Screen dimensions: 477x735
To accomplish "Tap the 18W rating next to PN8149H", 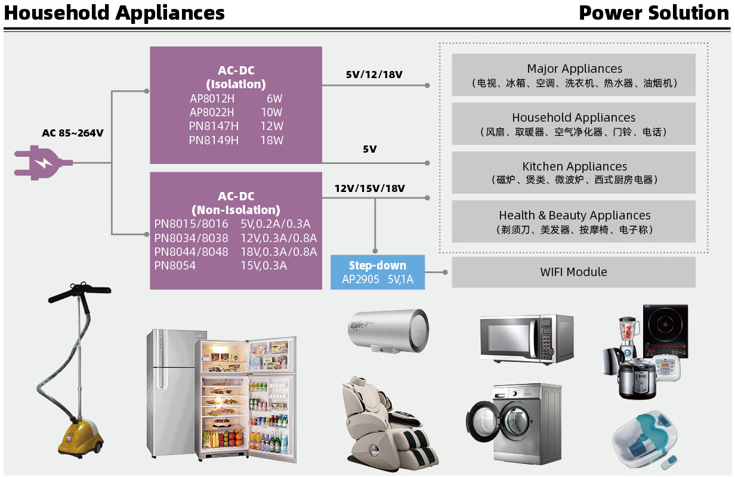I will point(271,141).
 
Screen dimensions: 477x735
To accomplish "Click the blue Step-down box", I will point(378,272).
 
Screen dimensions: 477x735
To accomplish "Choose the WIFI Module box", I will point(573,272).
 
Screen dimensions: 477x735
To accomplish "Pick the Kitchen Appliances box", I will point(573,172).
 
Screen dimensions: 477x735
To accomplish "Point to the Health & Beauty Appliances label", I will point(575,215).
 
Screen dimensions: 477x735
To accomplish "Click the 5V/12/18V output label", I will point(374,75).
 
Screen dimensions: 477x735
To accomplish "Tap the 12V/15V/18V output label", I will point(369,188).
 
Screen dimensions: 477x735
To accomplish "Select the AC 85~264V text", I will point(72,133).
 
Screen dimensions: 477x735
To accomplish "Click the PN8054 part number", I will point(175,265).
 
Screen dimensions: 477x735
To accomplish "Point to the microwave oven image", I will point(526,338).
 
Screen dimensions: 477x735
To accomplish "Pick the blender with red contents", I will point(628,331).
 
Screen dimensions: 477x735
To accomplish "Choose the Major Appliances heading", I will point(575,69).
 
